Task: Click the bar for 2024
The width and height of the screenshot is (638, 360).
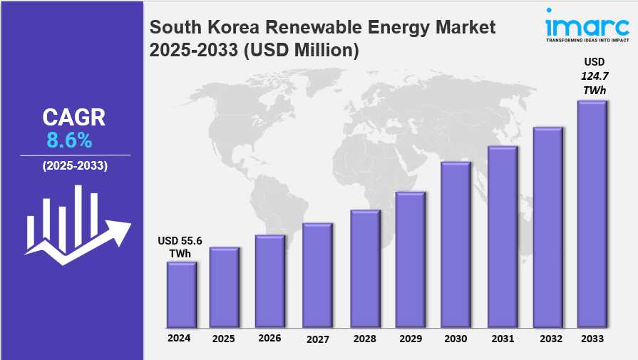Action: pyautogui.click(x=181, y=294)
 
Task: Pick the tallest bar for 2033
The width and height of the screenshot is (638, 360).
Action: pyautogui.click(x=592, y=213)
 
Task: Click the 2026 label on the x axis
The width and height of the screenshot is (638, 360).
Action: pyautogui.click(x=269, y=338)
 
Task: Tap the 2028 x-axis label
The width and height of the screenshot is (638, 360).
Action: pyautogui.click(x=364, y=339)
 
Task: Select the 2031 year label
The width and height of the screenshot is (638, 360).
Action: pyautogui.click(x=502, y=339)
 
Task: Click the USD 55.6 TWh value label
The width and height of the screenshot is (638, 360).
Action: pyautogui.click(x=180, y=247)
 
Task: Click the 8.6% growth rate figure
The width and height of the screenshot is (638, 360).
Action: pyautogui.click(x=69, y=140)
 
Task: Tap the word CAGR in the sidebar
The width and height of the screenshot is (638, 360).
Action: pyautogui.click(x=73, y=117)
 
